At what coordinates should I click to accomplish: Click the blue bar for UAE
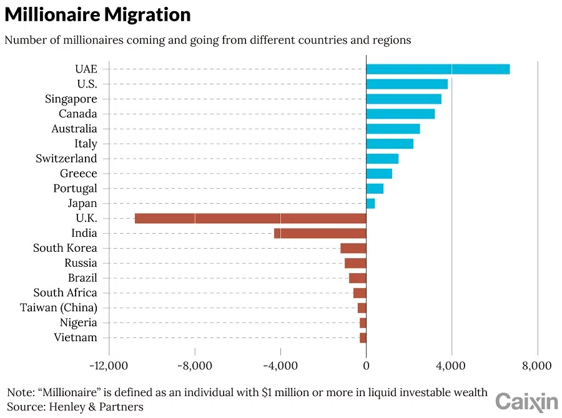(437, 69)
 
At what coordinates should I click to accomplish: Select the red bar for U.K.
(250, 218)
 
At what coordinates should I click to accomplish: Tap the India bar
(320, 233)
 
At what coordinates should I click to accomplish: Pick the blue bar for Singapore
(403, 99)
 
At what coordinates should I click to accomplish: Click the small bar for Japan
(370, 203)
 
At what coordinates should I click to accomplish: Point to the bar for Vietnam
(363, 338)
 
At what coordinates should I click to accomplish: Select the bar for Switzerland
(382, 159)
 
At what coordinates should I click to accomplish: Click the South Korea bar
(353, 248)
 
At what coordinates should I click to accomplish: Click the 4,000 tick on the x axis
(451, 366)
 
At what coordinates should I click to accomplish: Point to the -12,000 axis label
(108, 366)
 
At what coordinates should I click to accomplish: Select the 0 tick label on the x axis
(366, 366)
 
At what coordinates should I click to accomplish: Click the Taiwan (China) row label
(59, 308)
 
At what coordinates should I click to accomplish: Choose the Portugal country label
(75, 188)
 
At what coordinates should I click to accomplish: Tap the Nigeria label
(79, 323)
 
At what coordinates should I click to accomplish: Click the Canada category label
(78, 114)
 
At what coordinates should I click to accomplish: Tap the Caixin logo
(526, 401)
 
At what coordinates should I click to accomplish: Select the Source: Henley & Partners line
(75, 407)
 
